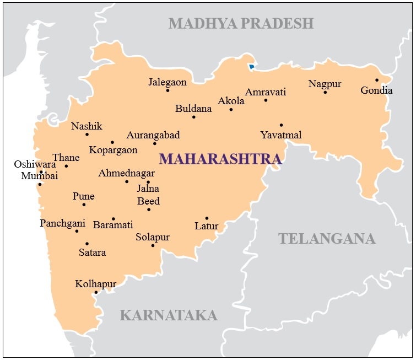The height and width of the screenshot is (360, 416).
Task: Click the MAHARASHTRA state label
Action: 220,159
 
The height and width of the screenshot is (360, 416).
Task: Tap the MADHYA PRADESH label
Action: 241,23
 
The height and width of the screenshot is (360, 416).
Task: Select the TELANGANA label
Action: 327,239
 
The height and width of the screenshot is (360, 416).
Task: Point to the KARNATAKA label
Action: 169,315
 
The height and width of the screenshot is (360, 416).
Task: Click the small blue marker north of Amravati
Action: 251,67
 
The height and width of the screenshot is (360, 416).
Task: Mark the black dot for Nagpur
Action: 325,92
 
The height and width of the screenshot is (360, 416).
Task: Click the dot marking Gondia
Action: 377,80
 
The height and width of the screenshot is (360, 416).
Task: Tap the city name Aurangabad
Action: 153,135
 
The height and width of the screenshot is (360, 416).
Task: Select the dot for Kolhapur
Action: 96,292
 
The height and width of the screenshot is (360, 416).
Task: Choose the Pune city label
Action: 83,196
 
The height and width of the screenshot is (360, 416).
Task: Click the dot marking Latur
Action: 207,218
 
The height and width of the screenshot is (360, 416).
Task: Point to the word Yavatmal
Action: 281,135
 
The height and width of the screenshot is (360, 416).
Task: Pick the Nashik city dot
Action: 87,134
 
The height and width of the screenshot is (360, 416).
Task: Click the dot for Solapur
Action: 153,245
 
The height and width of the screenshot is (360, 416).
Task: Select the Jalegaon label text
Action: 168,82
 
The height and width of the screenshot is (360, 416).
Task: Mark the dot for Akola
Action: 231,109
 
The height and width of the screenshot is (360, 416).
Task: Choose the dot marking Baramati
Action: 114,218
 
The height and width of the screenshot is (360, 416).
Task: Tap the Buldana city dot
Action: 193,117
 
